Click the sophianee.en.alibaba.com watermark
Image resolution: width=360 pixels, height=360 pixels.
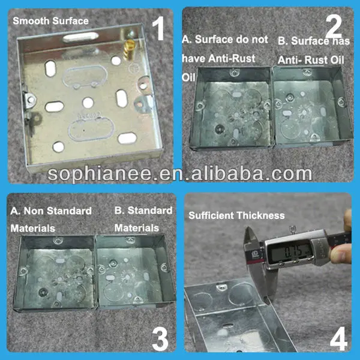[x=180, y=173]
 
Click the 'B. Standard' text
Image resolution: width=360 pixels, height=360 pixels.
[x=143, y=211]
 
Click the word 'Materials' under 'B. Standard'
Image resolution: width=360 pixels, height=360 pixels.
[x=137, y=229]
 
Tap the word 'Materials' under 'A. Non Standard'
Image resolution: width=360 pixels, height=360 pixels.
[x=32, y=229]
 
